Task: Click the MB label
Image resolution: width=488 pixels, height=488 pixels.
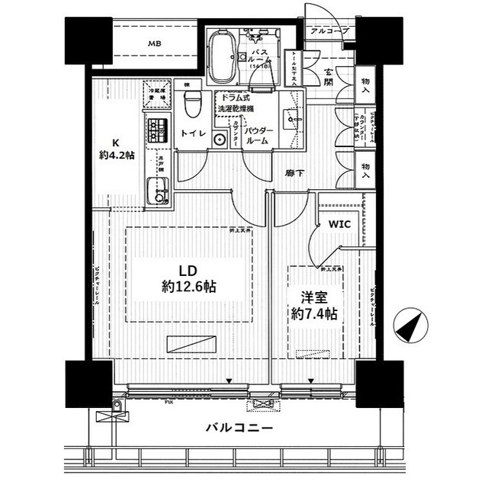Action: (154, 43)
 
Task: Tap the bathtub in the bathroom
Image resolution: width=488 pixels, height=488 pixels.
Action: (222, 57)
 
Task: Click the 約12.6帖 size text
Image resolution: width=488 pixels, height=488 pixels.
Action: (188, 287)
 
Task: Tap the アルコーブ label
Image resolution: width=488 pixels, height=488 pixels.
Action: (330, 31)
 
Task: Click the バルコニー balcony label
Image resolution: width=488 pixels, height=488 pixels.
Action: (239, 428)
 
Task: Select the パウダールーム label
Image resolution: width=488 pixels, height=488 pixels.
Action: (258, 136)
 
